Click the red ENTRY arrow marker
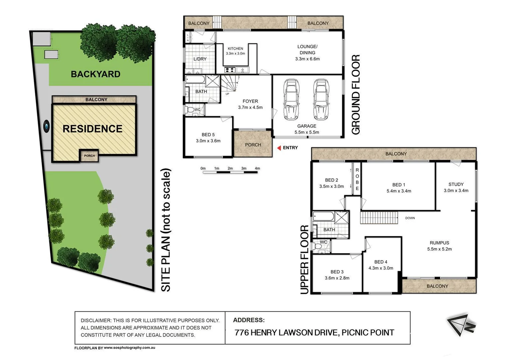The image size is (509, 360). point(279,148)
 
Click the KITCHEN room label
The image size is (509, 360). point(235,49)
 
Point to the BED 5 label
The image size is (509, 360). point(208,135)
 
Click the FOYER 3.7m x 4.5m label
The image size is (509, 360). point(250,104)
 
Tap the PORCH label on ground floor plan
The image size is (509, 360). point(253,145)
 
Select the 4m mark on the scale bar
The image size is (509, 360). point(257,169)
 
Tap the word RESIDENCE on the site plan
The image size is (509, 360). point(93,129)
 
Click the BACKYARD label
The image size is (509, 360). point(96,74)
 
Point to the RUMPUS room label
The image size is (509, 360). point(439,243)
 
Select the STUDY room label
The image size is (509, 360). point(456,184)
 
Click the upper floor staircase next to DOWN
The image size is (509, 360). point(379,218)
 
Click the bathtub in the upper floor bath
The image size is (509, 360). point(323,217)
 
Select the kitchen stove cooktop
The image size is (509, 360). point(230,70)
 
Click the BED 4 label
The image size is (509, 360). point(380,262)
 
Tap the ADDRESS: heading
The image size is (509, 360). point(249,320)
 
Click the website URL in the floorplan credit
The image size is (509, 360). point(129,348)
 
